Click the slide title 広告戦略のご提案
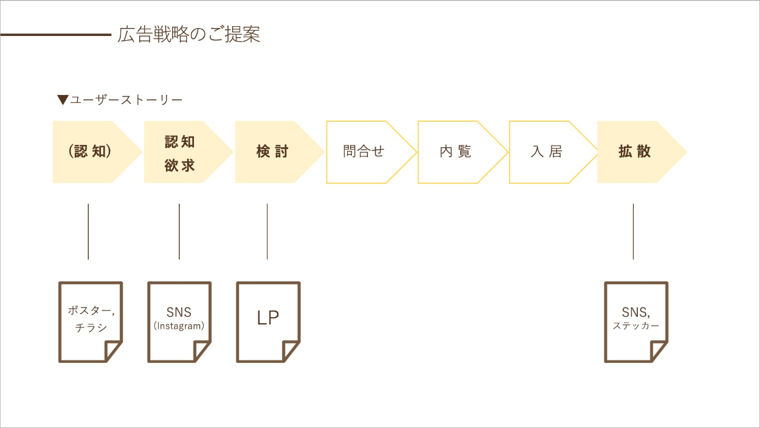(x=189, y=35)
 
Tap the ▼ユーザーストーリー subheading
(x=120, y=99)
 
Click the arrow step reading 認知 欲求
(x=181, y=152)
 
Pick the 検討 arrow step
(x=272, y=152)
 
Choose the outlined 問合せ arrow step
(x=364, y=152)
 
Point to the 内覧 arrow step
(x=455, y=152)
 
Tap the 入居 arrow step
(x=547, y=152)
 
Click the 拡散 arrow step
(x=635, y=152)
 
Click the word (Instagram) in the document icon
(x=179, y=326)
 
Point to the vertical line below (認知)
(x=88, y=231)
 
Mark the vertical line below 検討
(x=267, y=231)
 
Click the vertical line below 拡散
(x=633, y=231)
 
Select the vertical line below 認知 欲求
(x=179, y=231)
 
